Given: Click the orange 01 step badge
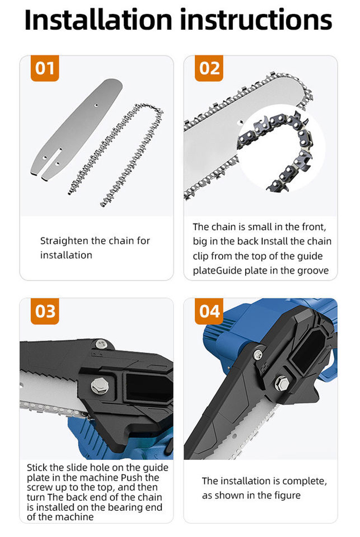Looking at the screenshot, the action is point(45,68).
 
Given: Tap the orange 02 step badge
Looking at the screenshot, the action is point(209,68).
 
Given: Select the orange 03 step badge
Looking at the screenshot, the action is point(45,311).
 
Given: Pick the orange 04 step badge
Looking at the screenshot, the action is point(209,311).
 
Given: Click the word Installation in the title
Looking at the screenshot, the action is point(98,20).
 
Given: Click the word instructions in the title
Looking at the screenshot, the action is point(256,20).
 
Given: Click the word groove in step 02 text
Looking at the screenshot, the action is point(313,271).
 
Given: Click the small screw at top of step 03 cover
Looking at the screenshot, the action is point(100,344).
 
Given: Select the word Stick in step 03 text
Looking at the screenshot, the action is point(38,468).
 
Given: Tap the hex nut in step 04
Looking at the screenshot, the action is point(281,383).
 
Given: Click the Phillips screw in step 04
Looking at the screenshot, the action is point(258,355).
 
